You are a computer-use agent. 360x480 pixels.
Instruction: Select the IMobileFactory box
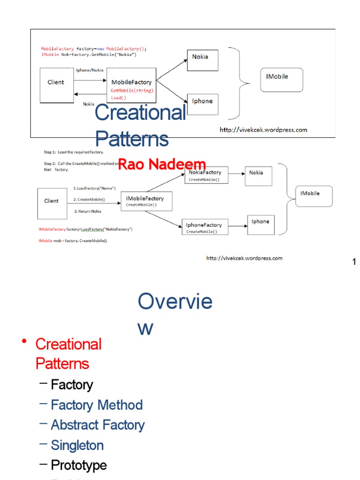coord(146,201)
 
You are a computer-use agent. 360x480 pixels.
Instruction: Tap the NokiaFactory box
coord(206,175)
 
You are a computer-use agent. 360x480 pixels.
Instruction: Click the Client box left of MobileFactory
coord(56,85)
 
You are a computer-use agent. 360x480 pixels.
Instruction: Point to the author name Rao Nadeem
coord(162,164)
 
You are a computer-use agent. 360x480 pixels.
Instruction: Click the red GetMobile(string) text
coord(132,90)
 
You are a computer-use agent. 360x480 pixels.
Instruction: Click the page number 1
coord(354,262)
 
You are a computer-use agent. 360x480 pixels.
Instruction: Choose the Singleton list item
coord(77,445)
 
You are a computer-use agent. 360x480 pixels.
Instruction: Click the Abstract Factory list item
coord(97,425)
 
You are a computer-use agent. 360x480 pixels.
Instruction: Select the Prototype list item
coord(78,465)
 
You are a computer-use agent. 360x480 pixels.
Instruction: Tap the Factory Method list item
coord(97,405)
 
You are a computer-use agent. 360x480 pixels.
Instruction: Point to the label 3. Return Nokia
coord(88,211)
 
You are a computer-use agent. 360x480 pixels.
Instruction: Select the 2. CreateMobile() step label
coord(90,199)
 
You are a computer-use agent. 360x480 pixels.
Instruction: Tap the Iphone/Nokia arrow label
coord(90,70)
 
